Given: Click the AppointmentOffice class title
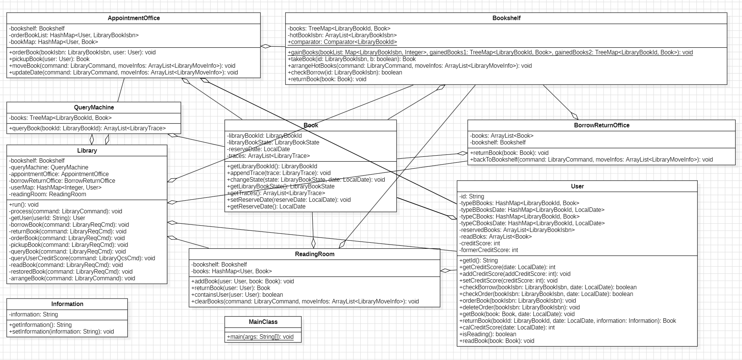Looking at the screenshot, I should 134,18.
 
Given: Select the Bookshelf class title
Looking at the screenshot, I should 506,18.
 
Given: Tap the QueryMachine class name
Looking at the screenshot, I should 94,108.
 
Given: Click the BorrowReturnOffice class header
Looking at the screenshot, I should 601,125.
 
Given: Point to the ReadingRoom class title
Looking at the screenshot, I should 315,254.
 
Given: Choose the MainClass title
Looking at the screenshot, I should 263,322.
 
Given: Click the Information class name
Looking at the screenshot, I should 67,304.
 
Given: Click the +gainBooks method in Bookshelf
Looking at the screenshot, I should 490,52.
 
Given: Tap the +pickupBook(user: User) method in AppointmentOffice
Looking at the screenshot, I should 49,59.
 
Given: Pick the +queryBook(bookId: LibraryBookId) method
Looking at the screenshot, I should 87,128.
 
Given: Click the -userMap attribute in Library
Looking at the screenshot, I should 55,188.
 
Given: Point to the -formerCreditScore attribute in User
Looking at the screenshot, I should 488,250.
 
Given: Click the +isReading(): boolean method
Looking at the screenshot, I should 488,334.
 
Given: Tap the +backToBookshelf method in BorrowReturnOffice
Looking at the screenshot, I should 591,160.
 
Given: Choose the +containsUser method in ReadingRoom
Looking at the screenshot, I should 237,295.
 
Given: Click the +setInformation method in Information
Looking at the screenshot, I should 61,332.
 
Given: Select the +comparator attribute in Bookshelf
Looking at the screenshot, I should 342,42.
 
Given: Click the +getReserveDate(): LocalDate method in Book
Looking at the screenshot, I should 266,207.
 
